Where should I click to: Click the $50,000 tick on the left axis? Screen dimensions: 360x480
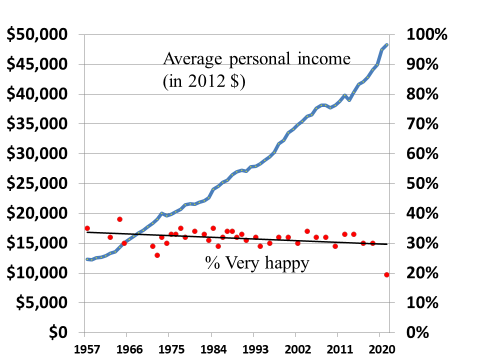click(38, 34)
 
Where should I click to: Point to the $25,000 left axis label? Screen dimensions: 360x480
click(38, 183)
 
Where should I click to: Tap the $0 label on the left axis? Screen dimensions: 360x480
click(56, 332)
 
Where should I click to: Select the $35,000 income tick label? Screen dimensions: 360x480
click(38, 124)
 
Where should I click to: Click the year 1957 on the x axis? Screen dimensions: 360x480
click(87, 351)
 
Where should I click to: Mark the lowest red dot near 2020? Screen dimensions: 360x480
click(386, 274)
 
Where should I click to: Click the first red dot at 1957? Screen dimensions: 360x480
click(87, 228)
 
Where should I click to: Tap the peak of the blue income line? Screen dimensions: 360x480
click(387, 45)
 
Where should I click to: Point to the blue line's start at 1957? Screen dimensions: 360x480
click(87, 259)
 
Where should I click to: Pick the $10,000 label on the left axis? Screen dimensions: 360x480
click(38, 273)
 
